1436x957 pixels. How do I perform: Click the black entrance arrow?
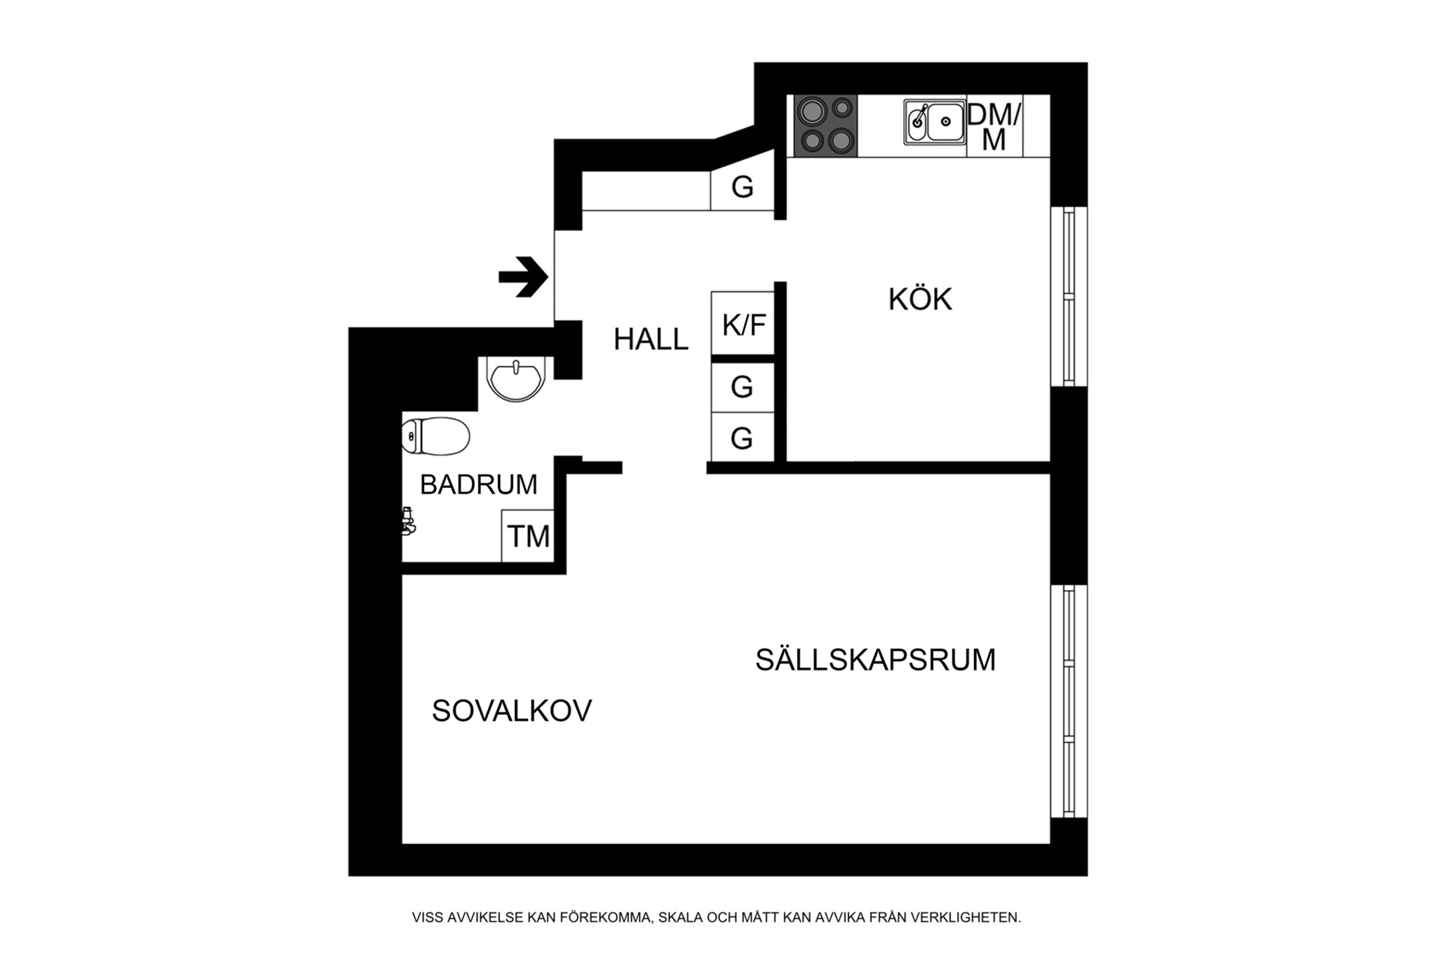pyautogui.click(x=523, y=277)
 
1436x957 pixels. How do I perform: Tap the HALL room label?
pyautogui.click(x=651, y=339)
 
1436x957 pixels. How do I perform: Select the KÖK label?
pyautogui.click(x=920, y=299)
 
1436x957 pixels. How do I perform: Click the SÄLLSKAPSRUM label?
pyautogui.click(x=875, y=660)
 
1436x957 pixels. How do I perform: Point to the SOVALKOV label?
pyautogui.click(x=512, y=711)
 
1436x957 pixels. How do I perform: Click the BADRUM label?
pyautogui.click(x=478, y=484)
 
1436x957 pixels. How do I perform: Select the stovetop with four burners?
pyautogui.click(x=826, y=125)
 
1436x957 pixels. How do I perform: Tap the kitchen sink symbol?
pyautogui.click(x=935, y=122)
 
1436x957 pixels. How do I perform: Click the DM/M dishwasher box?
pyautogui.click(x=995, y=125)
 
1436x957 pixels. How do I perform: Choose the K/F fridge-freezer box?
pyautogui.click(x=743, y=323)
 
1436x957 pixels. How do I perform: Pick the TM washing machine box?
pyautogui.click(x=528, y=536)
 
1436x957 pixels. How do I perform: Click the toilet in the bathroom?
pyautogui.click(x=435, y=436)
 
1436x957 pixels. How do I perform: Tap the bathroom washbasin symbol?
pyautogui.click(x=516, y=379)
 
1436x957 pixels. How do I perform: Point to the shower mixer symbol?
pyautogui.click(x=407, y=521)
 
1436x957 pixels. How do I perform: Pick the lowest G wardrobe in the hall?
pyautogui.click(x=743, y=438)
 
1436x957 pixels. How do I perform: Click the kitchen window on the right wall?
pyautogui.click(x=1069, y=296)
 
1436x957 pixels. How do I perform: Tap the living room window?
pyautogui.click(x=1069, y=701)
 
